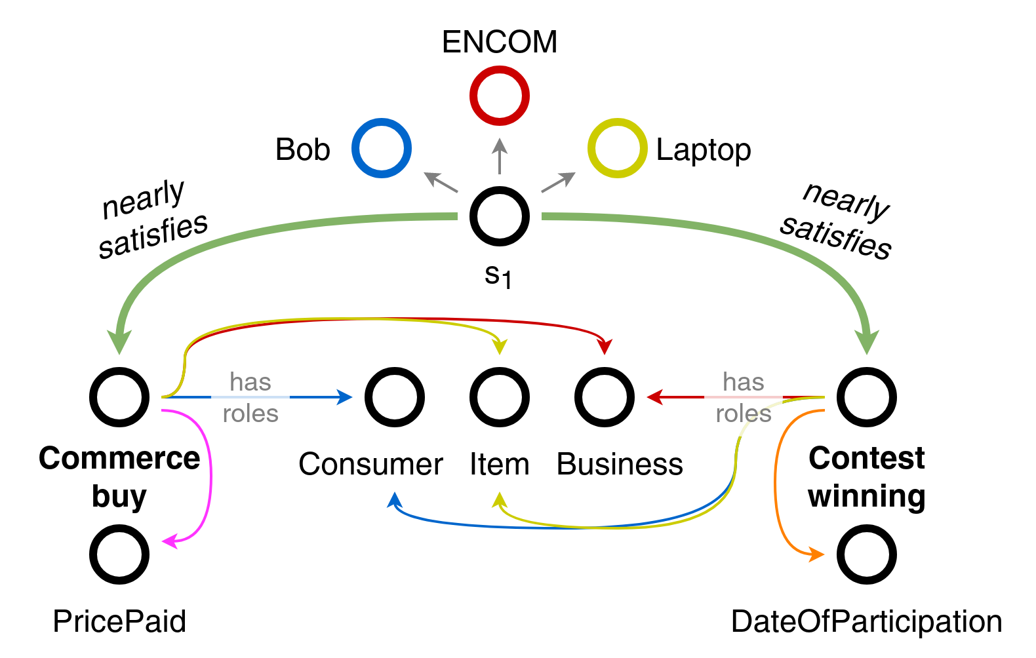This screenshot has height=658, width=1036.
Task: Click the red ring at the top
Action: click(x=500, y=96)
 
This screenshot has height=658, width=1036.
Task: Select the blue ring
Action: click(x=382, y=148)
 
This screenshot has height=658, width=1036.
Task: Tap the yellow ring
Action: click(x=618, y=148)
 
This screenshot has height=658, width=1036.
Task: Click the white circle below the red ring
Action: click(x=500, y=216)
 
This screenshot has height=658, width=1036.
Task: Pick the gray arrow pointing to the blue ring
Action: click(x=441, y=182)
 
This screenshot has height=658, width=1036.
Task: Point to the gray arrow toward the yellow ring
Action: click(x=559, y=182)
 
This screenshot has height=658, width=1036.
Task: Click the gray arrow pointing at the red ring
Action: click(x=500, y=155)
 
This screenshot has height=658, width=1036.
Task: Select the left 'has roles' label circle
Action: click(x=250, y=397)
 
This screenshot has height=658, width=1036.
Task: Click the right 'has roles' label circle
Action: click(x=744, y=397)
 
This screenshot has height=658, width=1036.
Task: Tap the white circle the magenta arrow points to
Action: click(x=119, y=554)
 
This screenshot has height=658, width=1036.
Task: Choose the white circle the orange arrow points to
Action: click(x=867, y=554)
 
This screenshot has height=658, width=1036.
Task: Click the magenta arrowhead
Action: click(x=169, y=541)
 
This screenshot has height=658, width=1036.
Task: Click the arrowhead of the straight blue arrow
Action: click(x=345, y=397)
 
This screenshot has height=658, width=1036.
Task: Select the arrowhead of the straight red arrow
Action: click(x=654, y=397)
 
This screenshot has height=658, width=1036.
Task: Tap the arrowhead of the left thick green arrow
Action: click(x=119, y=341)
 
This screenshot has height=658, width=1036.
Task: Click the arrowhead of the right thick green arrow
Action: click(x=867, y=341)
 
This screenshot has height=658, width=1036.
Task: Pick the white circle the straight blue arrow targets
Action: click(x=395, y=397)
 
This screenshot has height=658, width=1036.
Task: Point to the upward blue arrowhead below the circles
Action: click(x=394, y=500)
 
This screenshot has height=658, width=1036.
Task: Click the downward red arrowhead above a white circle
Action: click(x=605, y=347)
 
